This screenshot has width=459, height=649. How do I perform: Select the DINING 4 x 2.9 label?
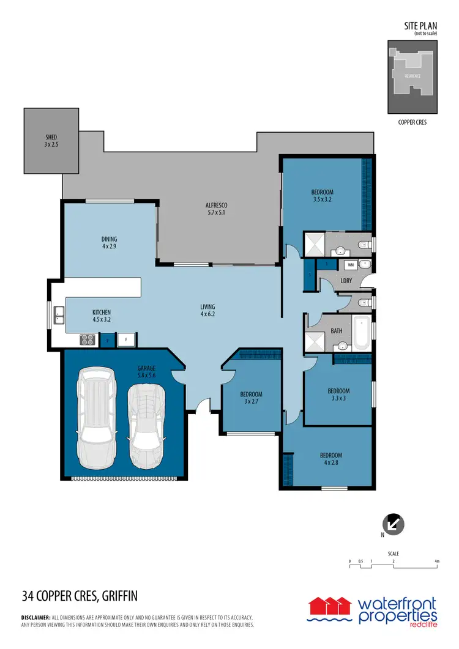pyautogui.click(x=109, y=243)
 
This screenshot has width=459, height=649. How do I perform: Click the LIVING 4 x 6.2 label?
pyautogui.click(x=207, y=310)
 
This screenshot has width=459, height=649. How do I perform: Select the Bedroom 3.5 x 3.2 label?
pyautogui.click(x=323, y=195)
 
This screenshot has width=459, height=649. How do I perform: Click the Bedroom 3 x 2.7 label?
pyautogui.click(x=251, y=398)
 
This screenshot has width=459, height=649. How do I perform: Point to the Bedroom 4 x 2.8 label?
pyautogui.click(x=330, y=459)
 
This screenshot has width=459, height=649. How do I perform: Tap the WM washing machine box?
pyautogui.click(x=351, y=265)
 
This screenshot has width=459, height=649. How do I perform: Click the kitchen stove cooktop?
pyautogui.click(x=87, y=339)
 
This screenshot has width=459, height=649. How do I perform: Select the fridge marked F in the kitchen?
pyautogui.click(x=127, y=339)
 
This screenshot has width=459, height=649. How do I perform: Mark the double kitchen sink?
pyautogui.click(x=59, y=315)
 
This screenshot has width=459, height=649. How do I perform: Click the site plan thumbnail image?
pyautogui.click(x=412, y=77)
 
